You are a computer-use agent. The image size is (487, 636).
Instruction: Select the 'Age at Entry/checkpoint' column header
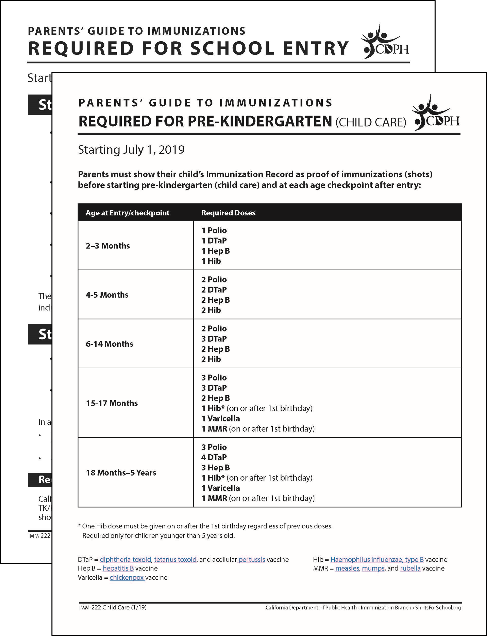click(x=127, y=213)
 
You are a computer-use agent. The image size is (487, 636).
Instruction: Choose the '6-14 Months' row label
click(x=109, y=344)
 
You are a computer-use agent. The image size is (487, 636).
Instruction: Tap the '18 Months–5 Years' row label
click(x=121, y=473)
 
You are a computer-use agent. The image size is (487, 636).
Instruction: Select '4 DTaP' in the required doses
click(x=214, y=457)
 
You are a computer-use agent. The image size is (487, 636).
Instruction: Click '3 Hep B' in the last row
click(x=215, y=468)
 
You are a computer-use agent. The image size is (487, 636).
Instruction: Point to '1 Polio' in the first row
click(x=214, y=230)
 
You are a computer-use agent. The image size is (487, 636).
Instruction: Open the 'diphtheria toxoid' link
click(x=125, y=560)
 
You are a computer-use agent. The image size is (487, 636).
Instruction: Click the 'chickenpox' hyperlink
click(x=127, y=577)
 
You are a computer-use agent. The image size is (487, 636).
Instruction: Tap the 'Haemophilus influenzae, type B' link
click(x=377, y=560)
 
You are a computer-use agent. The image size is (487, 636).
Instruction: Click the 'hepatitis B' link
click(x=118, y=568)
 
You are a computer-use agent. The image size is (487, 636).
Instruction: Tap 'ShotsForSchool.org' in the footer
click(x=438, y=608)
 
